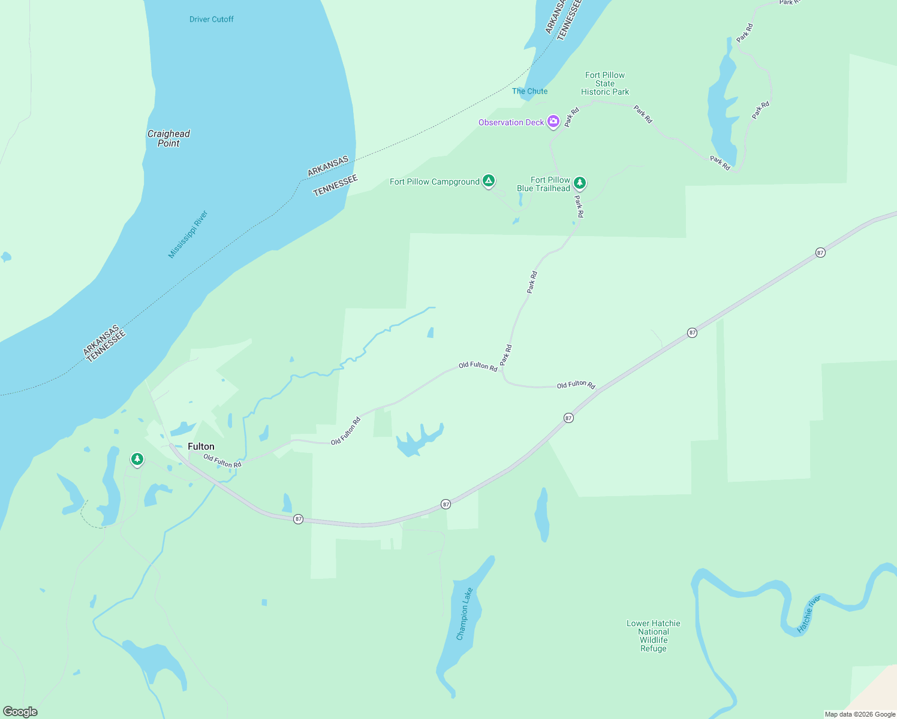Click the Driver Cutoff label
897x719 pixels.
[x=211, y=19]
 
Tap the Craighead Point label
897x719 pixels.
[x=168, y=138]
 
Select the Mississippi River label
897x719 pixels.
[x=188, y=234]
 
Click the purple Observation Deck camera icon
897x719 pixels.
[x=553, y=122]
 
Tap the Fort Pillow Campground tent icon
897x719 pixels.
[x=489, y=180]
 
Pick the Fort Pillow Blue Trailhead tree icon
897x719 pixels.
[x=579, y=183]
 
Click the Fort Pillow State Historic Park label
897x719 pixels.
[x=605, y=83]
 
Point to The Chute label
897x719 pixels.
[x=529, y=91]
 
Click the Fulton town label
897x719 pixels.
[x=201, y=446]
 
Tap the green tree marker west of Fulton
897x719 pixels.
[x=137, y=460]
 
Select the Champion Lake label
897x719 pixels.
[x=465, y=614]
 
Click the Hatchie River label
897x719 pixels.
[x=808, y=614]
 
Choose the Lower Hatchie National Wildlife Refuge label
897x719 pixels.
[x=654, y=636]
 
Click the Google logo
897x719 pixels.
[x=20, y=712]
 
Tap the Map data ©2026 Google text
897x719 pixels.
[x=860, y=714]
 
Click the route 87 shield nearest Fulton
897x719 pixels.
[x=298, y=519]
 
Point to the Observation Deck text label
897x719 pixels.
[x=511, y=122]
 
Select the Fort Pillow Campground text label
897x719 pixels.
[x=434, y=182]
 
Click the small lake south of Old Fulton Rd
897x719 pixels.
[x=419, y=440]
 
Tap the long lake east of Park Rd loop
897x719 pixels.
[x=721, y=108]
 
